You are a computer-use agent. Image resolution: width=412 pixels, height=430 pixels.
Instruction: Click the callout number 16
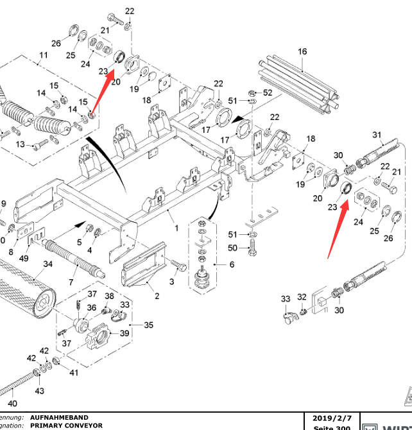pos(302,51)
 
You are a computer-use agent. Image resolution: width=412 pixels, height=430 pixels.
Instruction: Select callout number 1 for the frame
pos(176,228)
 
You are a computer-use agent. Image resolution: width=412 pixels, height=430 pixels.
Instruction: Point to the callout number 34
pos(47,264)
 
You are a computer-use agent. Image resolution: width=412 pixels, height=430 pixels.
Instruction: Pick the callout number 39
pos(124,332)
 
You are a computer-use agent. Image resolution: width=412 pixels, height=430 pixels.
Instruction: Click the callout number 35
pos(149,325)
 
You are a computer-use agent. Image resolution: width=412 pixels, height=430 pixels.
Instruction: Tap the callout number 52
pos(268,93)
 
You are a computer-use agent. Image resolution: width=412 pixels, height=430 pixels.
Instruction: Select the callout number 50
pos(233,248)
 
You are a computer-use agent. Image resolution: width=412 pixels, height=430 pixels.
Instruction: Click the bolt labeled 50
pos(252,246)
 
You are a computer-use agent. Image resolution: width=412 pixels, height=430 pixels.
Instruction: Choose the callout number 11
pos(44,55)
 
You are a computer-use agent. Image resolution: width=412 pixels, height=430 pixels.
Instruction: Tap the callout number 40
pos(12,403)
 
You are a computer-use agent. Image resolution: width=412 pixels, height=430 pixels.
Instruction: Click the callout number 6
pos(232,264)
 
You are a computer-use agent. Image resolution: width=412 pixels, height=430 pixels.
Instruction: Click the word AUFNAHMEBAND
pos(62,417)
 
